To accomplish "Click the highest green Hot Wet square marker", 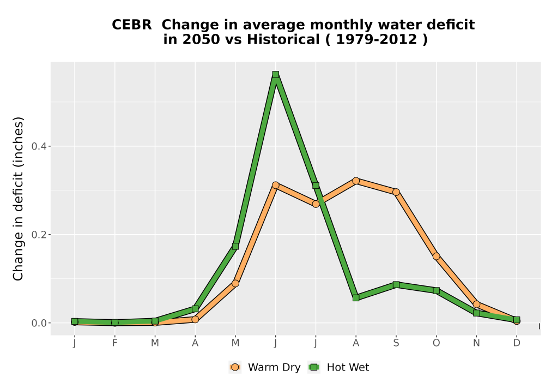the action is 276,74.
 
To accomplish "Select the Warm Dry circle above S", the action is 396,192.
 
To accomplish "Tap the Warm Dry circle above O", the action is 436,256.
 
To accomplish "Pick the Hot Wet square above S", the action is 396,284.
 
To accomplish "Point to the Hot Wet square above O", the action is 436,290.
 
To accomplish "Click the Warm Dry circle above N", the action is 476,305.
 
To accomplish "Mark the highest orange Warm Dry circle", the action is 356,181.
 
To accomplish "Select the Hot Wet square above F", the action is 114,323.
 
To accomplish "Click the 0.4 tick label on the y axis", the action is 39,146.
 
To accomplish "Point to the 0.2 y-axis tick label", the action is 39,235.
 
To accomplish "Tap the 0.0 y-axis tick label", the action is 39,323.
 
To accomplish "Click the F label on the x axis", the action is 114,343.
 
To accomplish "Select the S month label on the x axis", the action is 396,343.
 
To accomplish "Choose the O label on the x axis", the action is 436,343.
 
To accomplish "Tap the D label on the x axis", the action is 517,343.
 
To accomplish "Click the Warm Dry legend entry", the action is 265,367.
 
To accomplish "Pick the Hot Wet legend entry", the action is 338,367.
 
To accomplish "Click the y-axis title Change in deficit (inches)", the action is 18,199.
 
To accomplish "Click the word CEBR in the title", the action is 132,25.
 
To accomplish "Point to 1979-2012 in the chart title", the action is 377,39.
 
